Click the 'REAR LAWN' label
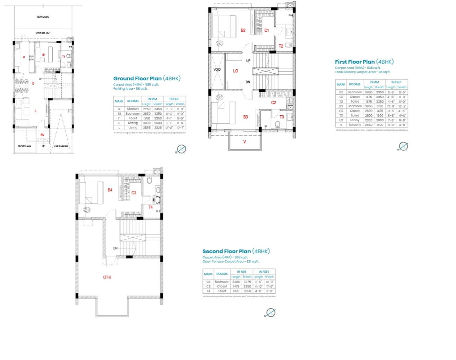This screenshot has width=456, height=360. click(x=43, y=17)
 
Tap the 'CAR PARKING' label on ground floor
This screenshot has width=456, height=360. click(x=61, y=147)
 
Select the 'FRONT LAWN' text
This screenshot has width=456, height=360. click(x=24, y=147)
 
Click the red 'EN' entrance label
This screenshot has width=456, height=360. click(x=42, y=135)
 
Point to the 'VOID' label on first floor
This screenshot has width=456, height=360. click(x=217, y=70)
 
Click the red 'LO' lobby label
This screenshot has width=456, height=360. click(x=235, y=71)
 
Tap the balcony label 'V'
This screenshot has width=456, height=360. click(x=244, y=142)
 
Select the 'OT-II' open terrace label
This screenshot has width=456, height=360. click(x=107, y=278)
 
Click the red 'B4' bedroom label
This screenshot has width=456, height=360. click(x=110, y=190)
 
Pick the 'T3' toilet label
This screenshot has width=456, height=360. click(x=282, y=117)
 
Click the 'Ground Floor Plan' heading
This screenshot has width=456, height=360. click(x=137, y=79)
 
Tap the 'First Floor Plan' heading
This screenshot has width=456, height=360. click(x=355, y=62)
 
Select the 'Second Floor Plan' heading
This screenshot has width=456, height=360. click(x=226, y=252)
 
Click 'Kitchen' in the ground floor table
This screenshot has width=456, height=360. click(x=133, y=109)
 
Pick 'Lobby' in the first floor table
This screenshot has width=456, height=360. click(x=355, y=120)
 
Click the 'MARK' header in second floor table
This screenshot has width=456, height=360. click(x=208, y=274)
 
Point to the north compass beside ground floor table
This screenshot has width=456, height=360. click(x=181, y=149)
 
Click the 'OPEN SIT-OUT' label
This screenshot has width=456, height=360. click(x=43, y=33)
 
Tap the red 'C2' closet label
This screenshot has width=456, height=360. click(x=274, y=103)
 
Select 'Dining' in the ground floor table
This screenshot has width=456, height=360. click(x=133, y=123)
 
